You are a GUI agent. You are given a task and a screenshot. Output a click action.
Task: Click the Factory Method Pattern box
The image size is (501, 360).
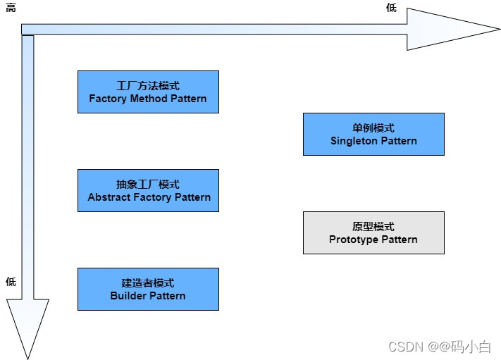click(148, 92)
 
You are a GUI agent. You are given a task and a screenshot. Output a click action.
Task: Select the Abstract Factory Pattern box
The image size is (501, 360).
click(148, 190)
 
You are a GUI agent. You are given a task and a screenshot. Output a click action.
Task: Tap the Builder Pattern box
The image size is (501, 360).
click(148, 289)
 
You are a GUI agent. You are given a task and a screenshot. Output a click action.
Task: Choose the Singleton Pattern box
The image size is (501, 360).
click(373, 134)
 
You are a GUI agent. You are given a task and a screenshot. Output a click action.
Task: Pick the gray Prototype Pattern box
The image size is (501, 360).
click(373, 232)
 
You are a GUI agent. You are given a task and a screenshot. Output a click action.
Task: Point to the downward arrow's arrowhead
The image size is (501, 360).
click(27, 328)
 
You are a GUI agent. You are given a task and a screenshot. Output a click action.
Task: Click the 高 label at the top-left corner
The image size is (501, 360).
click(11, 8)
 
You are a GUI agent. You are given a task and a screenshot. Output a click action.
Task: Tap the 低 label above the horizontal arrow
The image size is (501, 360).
click(391, 8)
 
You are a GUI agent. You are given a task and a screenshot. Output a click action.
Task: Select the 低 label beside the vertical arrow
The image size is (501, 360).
click(11, 282)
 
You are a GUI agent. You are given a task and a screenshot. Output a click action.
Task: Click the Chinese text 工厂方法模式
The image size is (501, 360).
click(148, 85)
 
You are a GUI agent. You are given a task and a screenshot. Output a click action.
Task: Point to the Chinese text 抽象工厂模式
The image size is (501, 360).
click(148, 184)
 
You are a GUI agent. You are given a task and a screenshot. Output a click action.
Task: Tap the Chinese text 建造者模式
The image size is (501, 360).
click(148, 283)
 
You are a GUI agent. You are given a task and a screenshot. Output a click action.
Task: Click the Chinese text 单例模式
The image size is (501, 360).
click(373, 128)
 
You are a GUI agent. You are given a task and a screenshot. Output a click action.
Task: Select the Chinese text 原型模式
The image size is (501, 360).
click(373, 226)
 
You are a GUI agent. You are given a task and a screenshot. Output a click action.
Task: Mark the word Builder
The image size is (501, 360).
click(128, 296)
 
